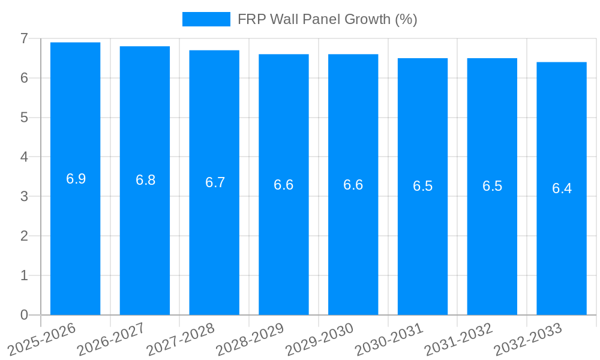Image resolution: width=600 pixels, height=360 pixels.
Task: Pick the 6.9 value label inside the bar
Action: tap(76, 179)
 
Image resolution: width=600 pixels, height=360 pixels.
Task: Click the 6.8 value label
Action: tap(145, 180)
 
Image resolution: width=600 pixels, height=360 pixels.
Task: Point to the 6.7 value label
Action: tap(215, 182)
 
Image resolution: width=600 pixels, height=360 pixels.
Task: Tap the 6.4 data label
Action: tap(562, 188)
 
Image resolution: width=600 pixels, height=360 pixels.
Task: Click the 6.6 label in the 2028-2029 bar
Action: tap(284, 185)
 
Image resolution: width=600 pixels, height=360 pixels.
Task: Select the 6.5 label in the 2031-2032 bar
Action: tap(492, 186)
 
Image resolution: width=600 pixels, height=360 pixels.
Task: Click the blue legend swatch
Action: tap(206, 19)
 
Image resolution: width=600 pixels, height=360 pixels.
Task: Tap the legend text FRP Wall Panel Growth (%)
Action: tap(327, 19)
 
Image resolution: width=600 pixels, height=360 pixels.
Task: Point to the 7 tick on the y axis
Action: tap(24, 38)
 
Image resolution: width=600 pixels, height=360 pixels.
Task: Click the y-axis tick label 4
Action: tap(24, 157)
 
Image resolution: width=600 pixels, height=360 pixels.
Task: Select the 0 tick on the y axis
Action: tap(24, 315)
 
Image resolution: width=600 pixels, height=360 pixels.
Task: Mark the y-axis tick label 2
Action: tap(24, 236)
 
